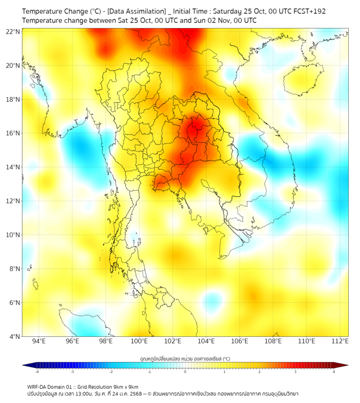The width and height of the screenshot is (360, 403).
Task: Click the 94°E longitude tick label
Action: tap(39, 341)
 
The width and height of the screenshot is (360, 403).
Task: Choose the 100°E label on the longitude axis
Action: tap(139, 341)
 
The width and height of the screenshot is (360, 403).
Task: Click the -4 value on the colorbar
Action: tap(37, 372)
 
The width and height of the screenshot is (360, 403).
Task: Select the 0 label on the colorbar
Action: tap(185, 372)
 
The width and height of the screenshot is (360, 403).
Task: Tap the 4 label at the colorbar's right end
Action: tap(333, 372)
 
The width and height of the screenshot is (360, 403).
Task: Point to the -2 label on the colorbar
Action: tap(111, 372)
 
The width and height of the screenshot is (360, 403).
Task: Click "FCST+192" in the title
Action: tap(308, 11)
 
